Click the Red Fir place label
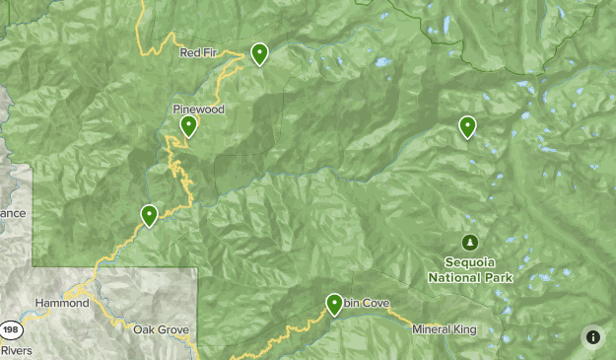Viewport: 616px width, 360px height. (196, 53)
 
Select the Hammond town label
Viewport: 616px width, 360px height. (61, 304)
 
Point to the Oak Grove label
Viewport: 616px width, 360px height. (161, 329)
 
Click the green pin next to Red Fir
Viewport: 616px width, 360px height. (259, 53)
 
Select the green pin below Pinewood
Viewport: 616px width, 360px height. (188, 125)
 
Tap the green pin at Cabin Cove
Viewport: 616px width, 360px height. (335, 304)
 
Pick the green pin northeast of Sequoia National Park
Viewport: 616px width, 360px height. (467, 126)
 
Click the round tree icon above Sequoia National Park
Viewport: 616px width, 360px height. (470, 243)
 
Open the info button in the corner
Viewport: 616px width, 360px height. (592, 336)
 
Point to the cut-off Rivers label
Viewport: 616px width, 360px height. (16, 350)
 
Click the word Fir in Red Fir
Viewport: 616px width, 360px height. (206, 53)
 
